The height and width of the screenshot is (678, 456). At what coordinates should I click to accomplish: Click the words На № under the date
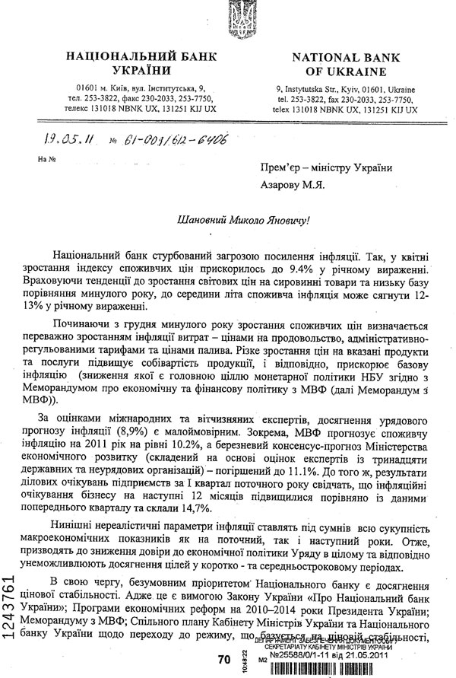[x=46, y=161]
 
